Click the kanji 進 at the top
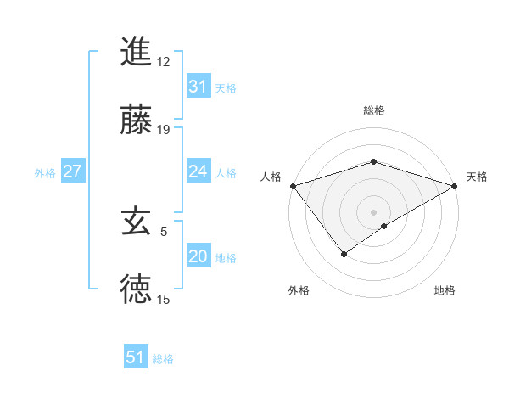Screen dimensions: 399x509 [136, 52]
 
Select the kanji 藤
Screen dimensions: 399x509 [136, 121]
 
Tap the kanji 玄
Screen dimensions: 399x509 [136, 222]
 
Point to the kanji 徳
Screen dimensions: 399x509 [136, 289]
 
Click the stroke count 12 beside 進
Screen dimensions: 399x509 [164, 62]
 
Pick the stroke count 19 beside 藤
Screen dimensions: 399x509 [164, 130]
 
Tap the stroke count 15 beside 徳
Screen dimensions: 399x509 [164, 299]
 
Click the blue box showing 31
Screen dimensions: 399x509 [199, 87]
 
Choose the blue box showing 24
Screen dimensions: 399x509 [199, 171]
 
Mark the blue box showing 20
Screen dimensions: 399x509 [199, 256]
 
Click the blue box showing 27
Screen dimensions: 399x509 [72, 171]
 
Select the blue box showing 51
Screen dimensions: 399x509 [136, 357]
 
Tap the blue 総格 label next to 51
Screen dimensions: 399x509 [163, 359]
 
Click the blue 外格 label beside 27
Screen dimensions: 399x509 [45, 173]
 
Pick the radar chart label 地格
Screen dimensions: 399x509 [445, 291]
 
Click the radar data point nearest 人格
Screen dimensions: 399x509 [293, 186]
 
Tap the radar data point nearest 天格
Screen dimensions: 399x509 [454, 186]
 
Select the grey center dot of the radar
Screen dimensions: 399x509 [373, 211]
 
